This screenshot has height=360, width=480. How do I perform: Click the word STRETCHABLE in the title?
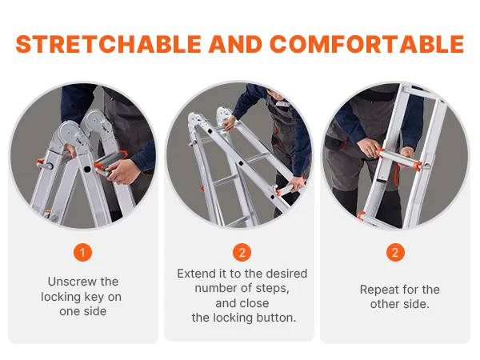click(109, 44)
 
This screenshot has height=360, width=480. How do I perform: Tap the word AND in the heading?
click(235, 44)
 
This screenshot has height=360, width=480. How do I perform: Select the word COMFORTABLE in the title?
click(367, 44)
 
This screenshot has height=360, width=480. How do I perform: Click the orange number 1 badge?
click(82, 253)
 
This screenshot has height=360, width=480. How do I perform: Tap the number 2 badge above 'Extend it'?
click(242, 253)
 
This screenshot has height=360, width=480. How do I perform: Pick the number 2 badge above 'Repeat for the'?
click(395, 253)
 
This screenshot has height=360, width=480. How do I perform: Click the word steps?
click(273, 289)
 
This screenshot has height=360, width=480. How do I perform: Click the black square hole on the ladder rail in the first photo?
click(87, 169)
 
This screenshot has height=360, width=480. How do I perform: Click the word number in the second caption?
click(215, 289)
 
